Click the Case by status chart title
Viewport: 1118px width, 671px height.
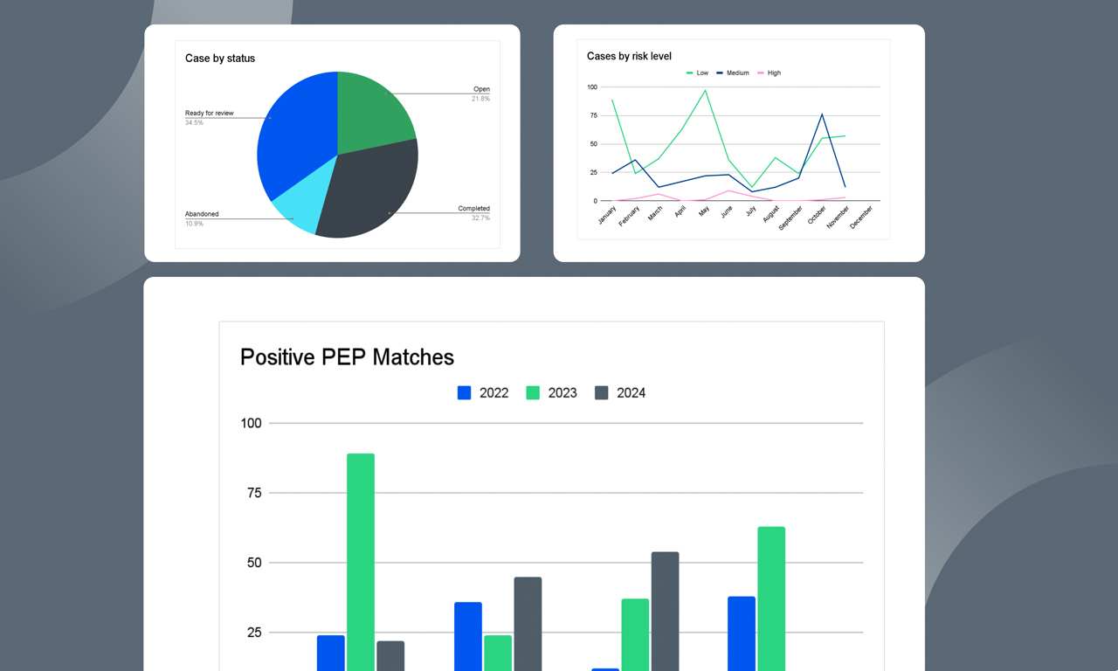tap(220, 59)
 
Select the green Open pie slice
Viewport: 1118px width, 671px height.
tap(371, 109)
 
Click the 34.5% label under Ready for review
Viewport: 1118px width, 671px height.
tap(194, 123)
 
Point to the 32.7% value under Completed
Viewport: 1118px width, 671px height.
tap(480, 218)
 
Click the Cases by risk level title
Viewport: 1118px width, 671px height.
tap(629, 56)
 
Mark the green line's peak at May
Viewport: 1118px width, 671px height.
tap(705, 91)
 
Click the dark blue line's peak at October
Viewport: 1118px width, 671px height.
tap(822, 114)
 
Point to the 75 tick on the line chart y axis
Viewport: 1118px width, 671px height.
tap(592, 115)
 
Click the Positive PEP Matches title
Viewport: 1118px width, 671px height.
tap(347, 357)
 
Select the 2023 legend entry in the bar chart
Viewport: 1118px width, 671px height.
tap(552, 393)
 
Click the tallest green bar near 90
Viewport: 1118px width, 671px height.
tap(361, 559)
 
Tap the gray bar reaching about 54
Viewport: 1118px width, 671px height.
tap(665, 612)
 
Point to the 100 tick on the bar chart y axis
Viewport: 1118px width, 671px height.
tap(251, 424)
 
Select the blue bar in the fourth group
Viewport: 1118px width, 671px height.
tap(742, 633)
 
